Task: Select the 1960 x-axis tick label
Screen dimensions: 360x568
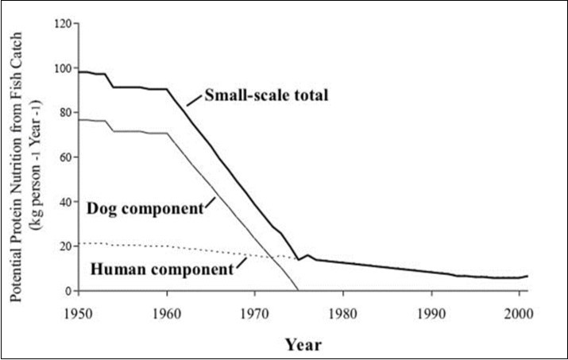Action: (166, 304)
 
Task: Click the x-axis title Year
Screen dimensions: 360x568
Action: (304, 345)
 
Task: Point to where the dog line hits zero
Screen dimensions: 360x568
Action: (298, 291)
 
